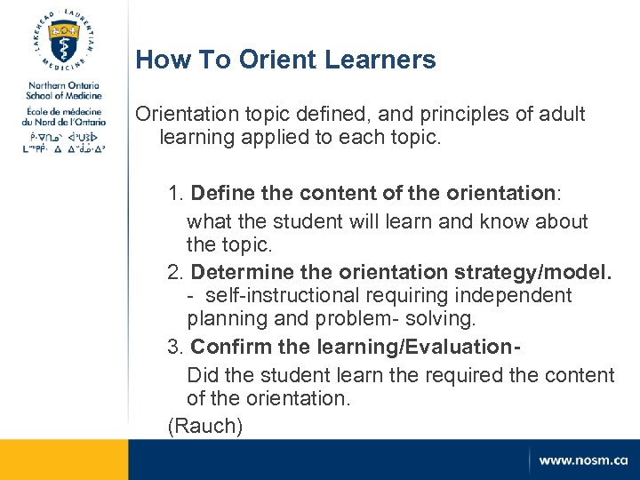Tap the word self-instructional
coord(290,294)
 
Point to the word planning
coord(222,318)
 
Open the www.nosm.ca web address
coord(582,460)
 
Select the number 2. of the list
coord(176,270)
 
